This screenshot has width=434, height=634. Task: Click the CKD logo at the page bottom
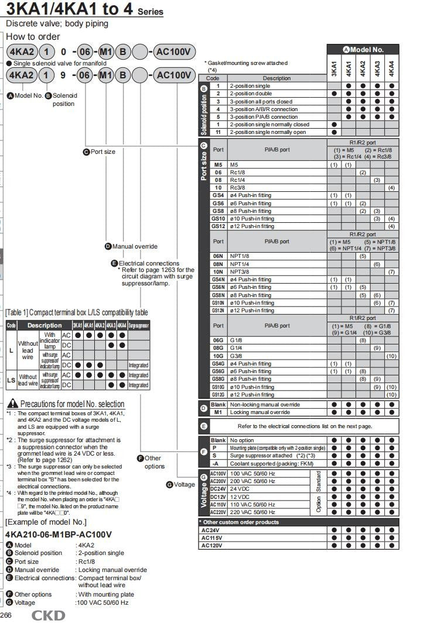point(48,615)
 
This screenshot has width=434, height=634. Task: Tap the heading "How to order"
point(33,36)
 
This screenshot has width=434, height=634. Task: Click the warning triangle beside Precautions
point(12,404)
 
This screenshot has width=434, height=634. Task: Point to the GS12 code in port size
point(218,226)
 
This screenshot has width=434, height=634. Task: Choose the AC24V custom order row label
point(210,530)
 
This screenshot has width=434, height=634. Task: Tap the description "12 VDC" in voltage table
point(240,497)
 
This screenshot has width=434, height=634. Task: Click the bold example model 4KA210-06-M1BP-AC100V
point(58,535)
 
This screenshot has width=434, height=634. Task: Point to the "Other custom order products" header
point(241,522)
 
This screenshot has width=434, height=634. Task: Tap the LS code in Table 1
point(11,380)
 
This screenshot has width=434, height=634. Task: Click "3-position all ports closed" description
point(261,101)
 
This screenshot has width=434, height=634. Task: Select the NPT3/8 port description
point(240,271)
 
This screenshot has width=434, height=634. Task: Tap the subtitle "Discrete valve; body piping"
point(57,23)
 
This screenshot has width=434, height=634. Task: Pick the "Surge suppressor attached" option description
point(261,455)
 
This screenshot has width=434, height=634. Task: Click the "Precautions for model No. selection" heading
point(72,404)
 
